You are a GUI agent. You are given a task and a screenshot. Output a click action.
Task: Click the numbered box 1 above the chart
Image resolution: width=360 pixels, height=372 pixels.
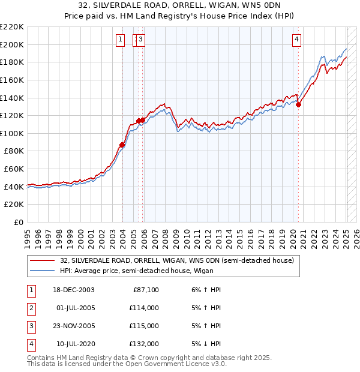[x=121, y=40]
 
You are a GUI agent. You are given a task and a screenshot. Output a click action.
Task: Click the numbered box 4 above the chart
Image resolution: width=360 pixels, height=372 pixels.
[x=297, y=40]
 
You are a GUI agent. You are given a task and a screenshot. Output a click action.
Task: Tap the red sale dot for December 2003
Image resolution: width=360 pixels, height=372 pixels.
[x=122, y=145]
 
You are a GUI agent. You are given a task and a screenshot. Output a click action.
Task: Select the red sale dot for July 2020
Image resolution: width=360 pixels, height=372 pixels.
[x=299, y=104]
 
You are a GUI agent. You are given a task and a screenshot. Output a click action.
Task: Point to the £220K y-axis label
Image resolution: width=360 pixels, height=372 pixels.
[x=12, y=27]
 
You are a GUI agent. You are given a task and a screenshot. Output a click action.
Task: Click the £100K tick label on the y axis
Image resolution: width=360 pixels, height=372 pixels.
[x=12, y=133]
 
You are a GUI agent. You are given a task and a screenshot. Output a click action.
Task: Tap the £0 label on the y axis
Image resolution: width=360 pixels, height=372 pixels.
[x=18, y=222]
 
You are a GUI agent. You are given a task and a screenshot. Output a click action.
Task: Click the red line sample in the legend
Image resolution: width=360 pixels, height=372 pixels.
[x=43, y=261]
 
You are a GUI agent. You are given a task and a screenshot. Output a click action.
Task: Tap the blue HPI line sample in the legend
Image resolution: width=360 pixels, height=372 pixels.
[x=43, y=271]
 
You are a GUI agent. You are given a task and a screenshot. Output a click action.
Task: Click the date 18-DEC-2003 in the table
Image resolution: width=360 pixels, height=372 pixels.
[x=74, y=290]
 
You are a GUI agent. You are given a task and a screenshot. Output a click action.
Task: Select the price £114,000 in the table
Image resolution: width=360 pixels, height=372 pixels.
[x=145, y=308]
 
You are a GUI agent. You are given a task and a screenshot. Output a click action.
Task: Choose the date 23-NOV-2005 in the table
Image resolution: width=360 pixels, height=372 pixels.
[x=74, y=326]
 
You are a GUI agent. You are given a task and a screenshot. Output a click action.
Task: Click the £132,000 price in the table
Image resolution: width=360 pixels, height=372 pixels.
[x=145, y=344]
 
